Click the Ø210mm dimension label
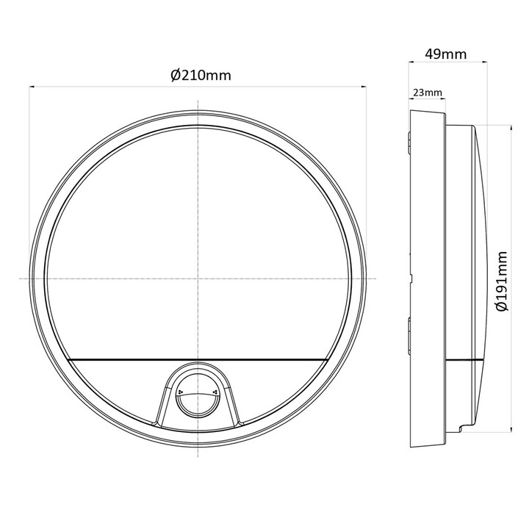tap(201, 75)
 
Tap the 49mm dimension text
tap(446, 54)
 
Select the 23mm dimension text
tap(428, 92)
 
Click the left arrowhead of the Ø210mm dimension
tap(32, 87)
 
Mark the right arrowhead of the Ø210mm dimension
tap(364, 87)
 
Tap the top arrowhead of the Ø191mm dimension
tap(511, 129)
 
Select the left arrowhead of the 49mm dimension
tap(411, 62)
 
